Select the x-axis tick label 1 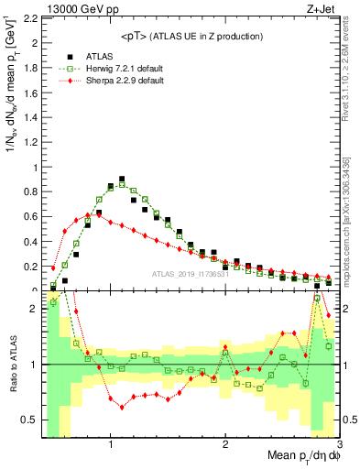(x=111, y=444)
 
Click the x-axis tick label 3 (x=338, y=444)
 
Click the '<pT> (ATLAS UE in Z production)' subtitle (x=191, y=36)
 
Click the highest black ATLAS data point (x=122, y=180)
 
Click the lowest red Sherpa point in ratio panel (x=122, y=408)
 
